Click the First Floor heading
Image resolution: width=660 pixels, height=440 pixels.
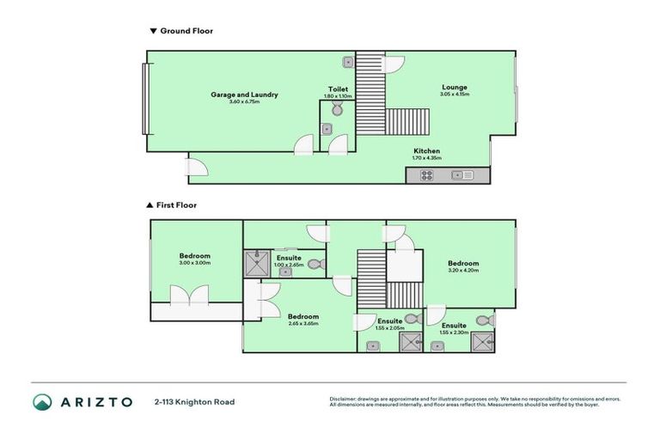coord(176,205)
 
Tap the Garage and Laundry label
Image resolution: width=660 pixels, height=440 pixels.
coord(244,95)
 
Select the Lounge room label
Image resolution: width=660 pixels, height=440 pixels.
coord(455,87)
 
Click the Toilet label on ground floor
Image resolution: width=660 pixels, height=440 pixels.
coord(338,89)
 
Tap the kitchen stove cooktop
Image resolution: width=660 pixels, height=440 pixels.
coord(426,175)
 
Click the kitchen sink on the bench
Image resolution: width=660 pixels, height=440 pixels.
coord(461,175)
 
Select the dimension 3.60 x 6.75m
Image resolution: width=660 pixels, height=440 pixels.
coord(244,102)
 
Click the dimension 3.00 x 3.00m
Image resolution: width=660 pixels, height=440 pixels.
coord(194,263)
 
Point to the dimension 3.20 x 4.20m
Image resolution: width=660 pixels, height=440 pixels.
coord(462,271)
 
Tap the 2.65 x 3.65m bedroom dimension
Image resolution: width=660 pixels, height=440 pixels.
coord(302,324)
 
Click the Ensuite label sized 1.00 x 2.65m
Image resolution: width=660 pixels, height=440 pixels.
coord(288,257)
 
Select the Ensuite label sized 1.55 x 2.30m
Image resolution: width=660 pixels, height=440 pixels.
coord(454,326)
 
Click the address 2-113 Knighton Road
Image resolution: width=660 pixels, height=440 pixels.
coord(194,402)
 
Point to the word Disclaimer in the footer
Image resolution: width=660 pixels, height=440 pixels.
coord(344,399)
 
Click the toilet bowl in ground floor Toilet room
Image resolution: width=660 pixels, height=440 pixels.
coord(337,109)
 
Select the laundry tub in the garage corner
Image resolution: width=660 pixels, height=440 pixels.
coord(347,62)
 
